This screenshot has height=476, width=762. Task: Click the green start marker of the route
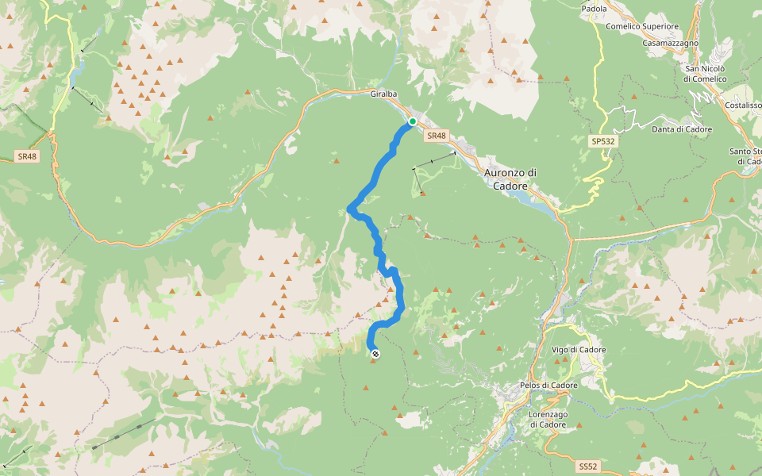(412, 121)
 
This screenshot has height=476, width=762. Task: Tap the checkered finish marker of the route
(375, 354)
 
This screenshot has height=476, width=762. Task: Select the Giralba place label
(383, 93)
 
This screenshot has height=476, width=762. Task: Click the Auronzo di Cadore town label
(510, 178)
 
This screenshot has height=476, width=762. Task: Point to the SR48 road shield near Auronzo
(436, 136)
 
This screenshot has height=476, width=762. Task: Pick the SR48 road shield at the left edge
(27, 156)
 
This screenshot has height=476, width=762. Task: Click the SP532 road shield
(602, 140)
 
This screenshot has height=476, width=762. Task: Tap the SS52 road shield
(587, 466)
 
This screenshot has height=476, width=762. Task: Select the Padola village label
(594, 9)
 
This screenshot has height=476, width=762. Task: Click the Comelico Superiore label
(642, 26)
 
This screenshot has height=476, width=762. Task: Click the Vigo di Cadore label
(579, 350)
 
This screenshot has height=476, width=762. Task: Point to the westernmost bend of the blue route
(350, 209)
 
